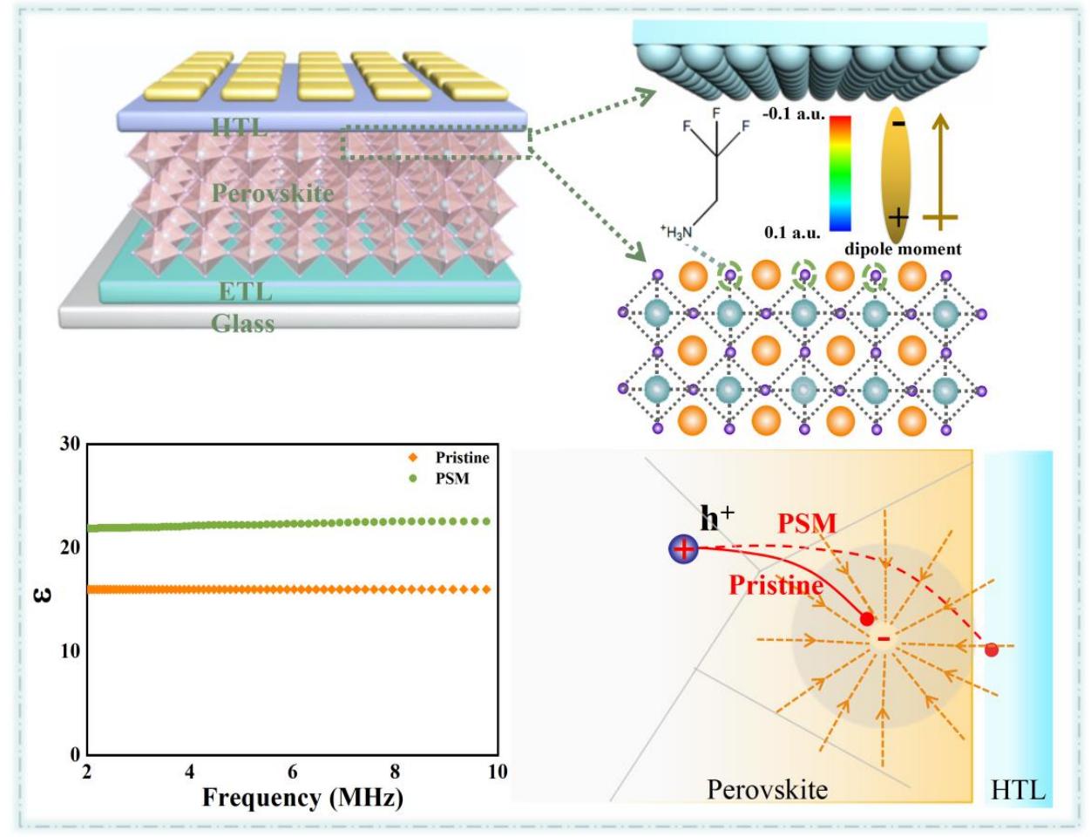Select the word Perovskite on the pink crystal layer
tap(273, 193)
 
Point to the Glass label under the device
tap(243, 323)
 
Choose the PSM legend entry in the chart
tap(452, 478)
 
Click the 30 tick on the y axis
tap(70, 444)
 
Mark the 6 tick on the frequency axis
tap(293, 772)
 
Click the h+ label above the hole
tap(716, 519)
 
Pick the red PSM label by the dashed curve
tap(807, 524)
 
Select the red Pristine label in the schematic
tap(776, 585)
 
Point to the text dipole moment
tap(905, 249)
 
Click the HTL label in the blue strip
tap(1017, 791)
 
